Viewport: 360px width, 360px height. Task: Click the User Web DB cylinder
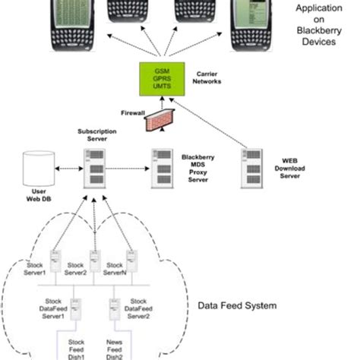pyautogui.click(x=35, y=167)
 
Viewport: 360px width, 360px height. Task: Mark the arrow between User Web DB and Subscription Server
pyautogui.click(x=67, y=167)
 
